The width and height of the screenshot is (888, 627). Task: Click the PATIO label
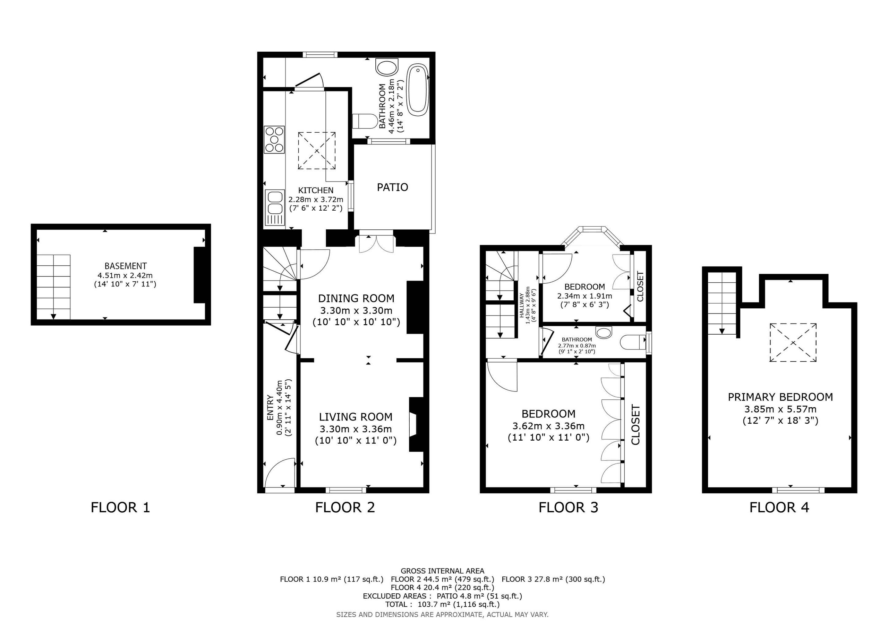click(392, 187)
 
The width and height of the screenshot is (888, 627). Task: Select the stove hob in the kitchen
click(275, 140)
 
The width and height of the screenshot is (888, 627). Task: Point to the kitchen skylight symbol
click(316, 151)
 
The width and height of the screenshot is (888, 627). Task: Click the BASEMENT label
click(126, 266)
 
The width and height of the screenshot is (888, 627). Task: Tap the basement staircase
click(54, 286)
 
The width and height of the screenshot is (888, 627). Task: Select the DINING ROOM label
click(356, 298)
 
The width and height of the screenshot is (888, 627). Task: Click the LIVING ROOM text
click(356, 417)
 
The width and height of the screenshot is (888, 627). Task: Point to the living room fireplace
click(417, 424)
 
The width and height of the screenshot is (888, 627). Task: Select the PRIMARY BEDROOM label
click(780, 397)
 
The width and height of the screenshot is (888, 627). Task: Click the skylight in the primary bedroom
click(793, 343)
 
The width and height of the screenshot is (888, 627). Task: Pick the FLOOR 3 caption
click(568, 507)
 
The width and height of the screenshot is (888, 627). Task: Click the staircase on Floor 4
click(722, 303)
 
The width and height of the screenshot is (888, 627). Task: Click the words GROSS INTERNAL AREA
click(443, 571)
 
